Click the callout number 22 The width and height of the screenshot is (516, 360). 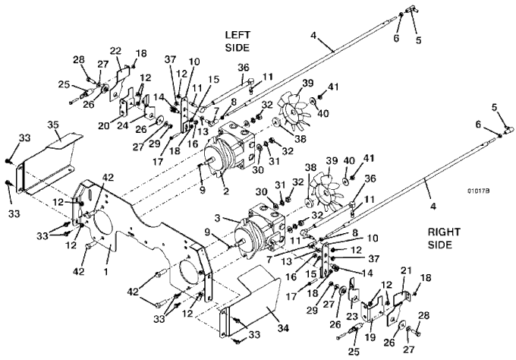[115, 51]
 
